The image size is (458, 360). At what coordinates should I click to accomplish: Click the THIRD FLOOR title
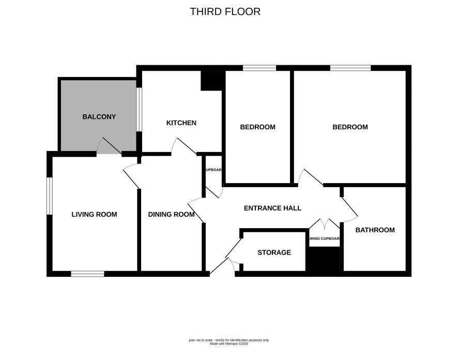coord(225,11)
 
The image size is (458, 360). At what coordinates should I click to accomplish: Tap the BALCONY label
coord(99,117)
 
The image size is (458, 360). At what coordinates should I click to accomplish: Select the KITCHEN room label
coord(181,123)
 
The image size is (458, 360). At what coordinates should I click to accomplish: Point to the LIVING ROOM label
coord(94,215)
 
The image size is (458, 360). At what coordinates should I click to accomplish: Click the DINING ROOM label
coord(172,215)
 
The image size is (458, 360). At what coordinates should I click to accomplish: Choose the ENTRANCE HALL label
coord(272,208)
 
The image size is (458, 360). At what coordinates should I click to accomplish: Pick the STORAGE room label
coord(274,252)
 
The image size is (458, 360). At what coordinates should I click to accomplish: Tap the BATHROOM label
coord(375,230)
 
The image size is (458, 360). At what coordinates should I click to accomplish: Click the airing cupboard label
coord(324,239)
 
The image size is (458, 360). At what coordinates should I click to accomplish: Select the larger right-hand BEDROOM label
coord(350,127)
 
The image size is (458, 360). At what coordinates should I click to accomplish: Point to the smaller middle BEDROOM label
coord(257,127)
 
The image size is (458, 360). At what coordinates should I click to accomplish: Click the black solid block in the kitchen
coord(211,81)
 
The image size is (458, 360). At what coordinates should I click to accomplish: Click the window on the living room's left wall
coord(50,196)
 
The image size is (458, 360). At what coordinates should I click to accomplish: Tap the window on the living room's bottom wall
coord(88,274)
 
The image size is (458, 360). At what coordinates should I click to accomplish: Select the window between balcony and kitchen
coord(139,110)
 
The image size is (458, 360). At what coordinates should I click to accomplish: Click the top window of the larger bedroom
coord(350,68)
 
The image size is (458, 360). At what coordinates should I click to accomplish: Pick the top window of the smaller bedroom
coord(259,68)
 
